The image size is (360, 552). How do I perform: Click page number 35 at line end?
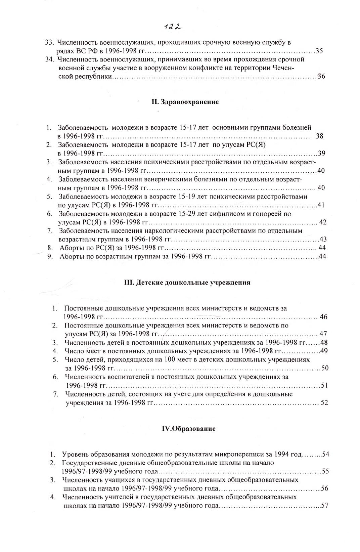coord(319,51)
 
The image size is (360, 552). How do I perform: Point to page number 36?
coord(321,76)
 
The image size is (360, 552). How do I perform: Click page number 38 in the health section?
coord(320,136)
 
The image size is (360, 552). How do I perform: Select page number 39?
coord(322,154)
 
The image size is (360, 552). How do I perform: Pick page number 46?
coord(324,317)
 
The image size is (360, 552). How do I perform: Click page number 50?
coord(325,368)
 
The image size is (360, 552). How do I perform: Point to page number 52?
coord(324,402)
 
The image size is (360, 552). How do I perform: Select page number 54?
coord(325,455)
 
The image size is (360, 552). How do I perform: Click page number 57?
coord(324,506)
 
